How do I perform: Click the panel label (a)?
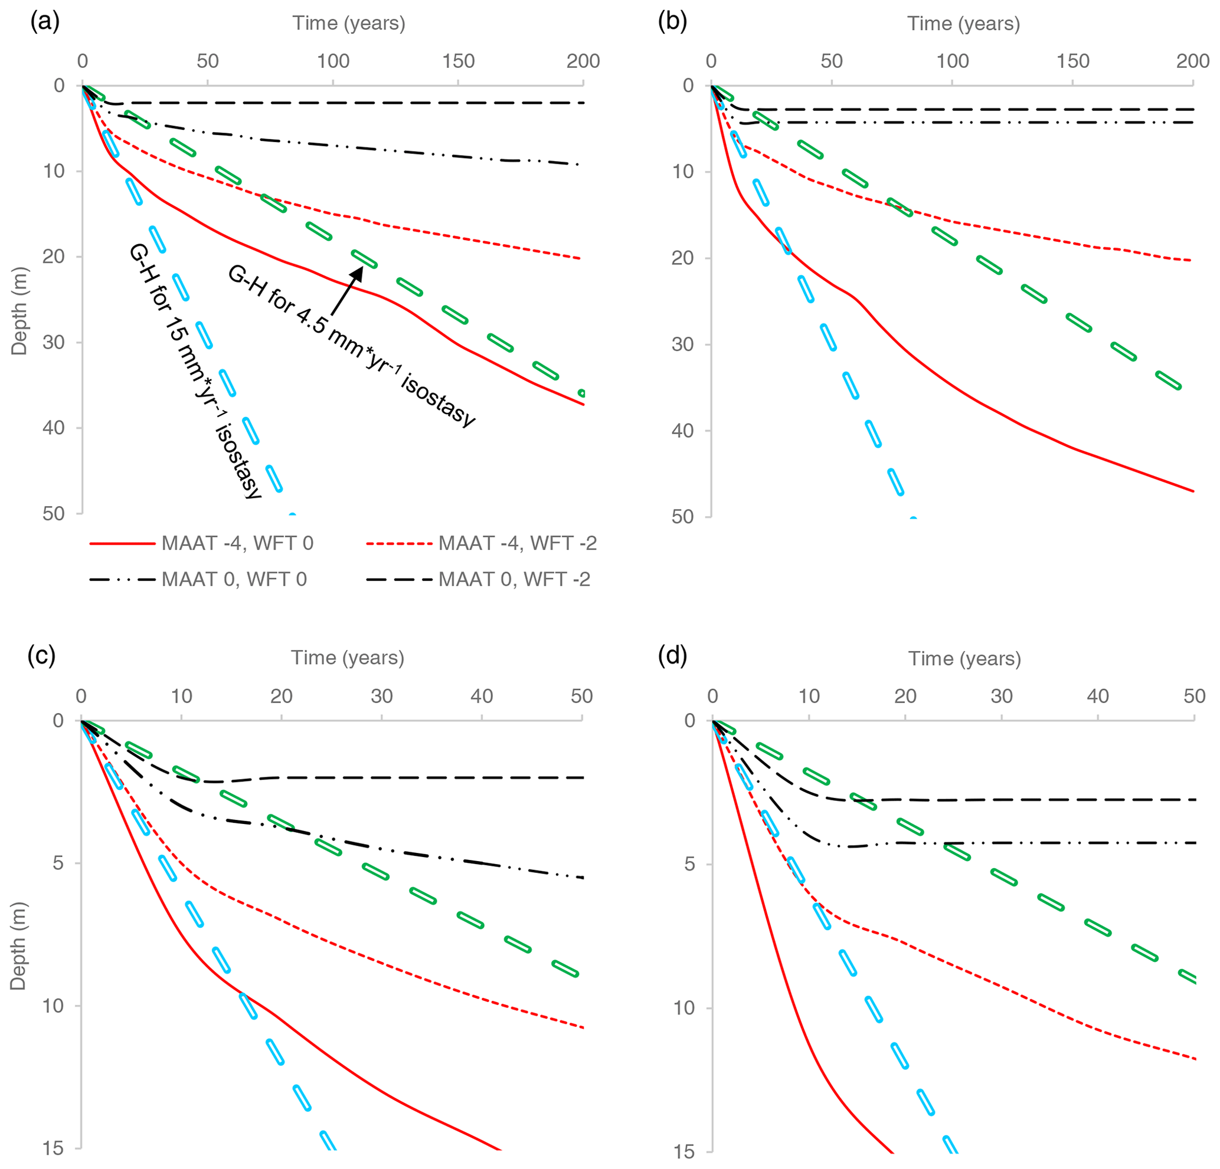click(x=45, y=22)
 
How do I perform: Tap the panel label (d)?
click(x=672, y=657)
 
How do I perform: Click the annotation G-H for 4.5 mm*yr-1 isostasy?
click(x=352, y=346)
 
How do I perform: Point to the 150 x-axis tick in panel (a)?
click(x=458, y=61)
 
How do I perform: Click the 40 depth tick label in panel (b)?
click(x=683, y=431)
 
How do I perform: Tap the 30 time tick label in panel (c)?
click(x=381, y=695)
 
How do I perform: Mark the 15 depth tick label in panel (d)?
click(x=684, y=1151)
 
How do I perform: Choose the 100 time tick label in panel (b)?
click(x=953, y=61)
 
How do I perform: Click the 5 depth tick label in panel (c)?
click(x=58, y=863)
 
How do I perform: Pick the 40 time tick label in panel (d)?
click(x=1097, y=695)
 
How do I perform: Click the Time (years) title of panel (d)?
click(x=964, y=658)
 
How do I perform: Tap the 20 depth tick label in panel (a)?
click(x=54, y=257)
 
